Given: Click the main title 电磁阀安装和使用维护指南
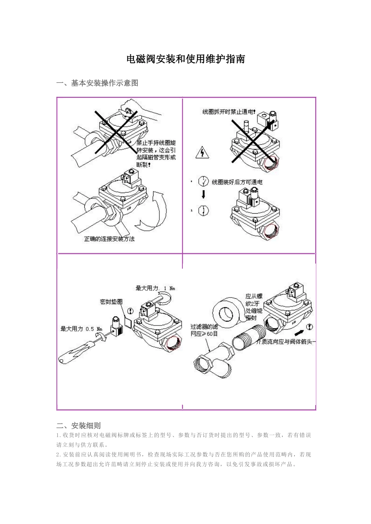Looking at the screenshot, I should (x=185, y=59).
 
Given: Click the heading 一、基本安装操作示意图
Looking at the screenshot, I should (x=97, y=83).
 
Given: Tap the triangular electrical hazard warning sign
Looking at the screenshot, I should (x=202, y=152).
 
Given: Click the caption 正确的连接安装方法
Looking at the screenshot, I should (x=109, y=239).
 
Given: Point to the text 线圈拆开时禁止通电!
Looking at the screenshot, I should (x=228, y=112).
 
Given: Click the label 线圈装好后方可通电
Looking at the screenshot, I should (x=237, y=182).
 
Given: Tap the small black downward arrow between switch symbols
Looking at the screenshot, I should (x=203, y=195).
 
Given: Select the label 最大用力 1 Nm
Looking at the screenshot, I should (x=155, y=288).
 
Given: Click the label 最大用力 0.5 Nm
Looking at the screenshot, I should (x=81, y=329).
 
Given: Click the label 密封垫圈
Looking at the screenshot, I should (x=111, y=301).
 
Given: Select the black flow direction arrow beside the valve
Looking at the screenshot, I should (x=298, y=333).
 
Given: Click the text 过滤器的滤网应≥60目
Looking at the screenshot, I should (x=204, y=330).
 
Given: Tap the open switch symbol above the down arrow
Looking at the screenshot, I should (x=203, y=181).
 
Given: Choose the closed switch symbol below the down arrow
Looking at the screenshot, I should (x=203, y=211).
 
